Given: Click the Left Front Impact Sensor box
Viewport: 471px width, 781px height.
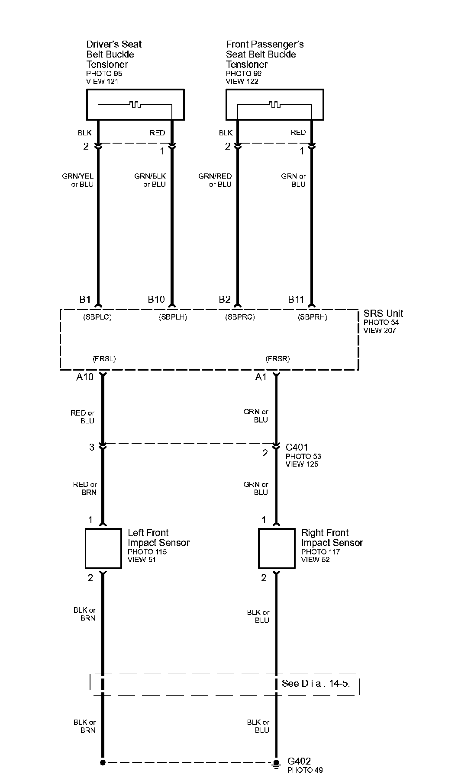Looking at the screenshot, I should pos(103,548).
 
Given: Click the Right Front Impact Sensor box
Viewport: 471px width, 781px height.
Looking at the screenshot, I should pos(277,548).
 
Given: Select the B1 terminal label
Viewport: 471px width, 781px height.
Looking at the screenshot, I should pos(85,299).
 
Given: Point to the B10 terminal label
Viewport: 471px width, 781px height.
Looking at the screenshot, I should pos(156,299).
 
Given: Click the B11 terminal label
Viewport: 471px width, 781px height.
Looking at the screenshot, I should pos(297,299).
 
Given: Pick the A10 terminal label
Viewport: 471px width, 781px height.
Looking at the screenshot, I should pos(85,377).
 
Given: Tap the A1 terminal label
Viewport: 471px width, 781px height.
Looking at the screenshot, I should pos(261,377).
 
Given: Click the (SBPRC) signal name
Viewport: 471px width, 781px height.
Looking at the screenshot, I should pos(240,317).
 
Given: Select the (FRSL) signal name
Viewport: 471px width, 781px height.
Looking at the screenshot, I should pos(104,358).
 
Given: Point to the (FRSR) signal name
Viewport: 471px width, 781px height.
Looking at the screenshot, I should pos(277,358).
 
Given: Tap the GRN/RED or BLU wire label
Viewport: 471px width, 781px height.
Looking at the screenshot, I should pos(215,180).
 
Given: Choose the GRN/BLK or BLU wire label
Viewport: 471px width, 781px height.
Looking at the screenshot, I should pos(150,180).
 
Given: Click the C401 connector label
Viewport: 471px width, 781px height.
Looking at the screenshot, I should pos(297,447).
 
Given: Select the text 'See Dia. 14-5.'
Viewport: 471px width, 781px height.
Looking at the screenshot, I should pos(316,683).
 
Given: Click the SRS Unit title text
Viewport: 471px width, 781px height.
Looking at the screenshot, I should pos(383,314).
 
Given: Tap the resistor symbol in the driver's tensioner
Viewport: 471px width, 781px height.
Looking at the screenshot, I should pos(135,105).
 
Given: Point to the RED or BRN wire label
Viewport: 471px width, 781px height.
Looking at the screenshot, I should pos(85,488).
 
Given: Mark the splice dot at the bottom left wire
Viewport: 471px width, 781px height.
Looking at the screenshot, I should pos(103,762).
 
